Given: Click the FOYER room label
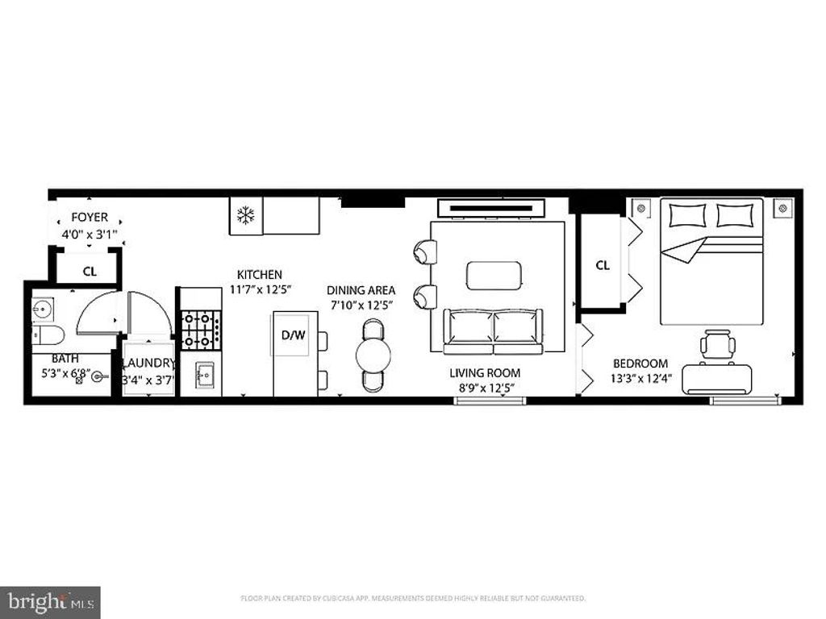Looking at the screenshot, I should click(x=90, y=218).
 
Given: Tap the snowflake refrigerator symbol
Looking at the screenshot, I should click(x=245, y=215).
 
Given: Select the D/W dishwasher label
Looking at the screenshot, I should click(x=293, y=334).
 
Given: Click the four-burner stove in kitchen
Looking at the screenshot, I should click(x=200, y=330).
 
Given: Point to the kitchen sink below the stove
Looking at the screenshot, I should click(x=203, y=375).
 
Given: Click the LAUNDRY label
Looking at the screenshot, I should click(x=148, y=364).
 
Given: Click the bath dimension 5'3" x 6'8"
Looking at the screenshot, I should click(x=65, y=373).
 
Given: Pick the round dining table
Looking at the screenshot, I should click(x=373, y=355).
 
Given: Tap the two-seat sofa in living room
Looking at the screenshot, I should click(x=493, y=330).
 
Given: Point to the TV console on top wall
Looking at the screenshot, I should click(x=491, y=208).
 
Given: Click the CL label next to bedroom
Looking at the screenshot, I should click(x=603, y=265).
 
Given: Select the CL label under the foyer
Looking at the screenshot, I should click(x=89, y=272).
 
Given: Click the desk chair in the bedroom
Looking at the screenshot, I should click(x=717, y=346).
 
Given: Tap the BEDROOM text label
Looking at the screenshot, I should click(x=640, y=364).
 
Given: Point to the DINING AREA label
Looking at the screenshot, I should click(x=361, y=289).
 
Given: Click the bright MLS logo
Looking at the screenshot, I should click(x=50, y=601).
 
